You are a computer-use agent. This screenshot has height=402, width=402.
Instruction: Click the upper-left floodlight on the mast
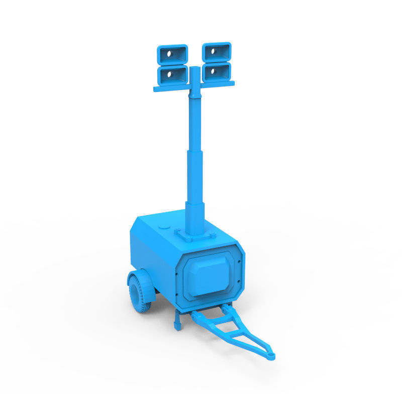(x=172, y=53)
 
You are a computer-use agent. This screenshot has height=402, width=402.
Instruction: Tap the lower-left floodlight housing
(x=173, y=74)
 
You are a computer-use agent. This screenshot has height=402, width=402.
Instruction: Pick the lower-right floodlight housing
(x=217, y=71)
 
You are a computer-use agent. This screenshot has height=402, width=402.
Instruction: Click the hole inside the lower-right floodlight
(x=214, y=72)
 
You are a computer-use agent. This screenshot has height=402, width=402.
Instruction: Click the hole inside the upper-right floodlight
(x=213, y=51)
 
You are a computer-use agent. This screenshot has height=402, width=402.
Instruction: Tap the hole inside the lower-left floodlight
(x=170, y=75)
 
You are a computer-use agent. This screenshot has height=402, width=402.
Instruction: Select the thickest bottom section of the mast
(x=194, y=219)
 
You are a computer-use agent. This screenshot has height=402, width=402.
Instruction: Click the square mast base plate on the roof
(x=196, y=236)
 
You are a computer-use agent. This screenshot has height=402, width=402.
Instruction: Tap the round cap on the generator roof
(x=163, y=227)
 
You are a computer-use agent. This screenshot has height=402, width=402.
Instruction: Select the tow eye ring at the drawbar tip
(x=271, y=356)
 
